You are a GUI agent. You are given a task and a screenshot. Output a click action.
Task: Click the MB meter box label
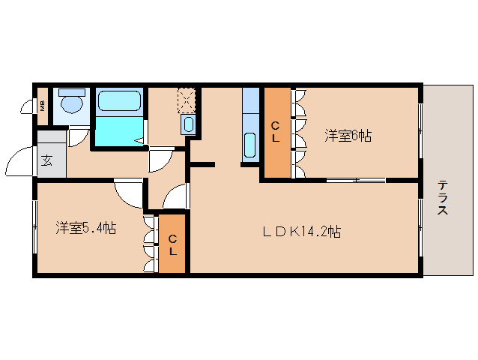[42, 105]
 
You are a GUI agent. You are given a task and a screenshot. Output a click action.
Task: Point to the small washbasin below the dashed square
[189, 124]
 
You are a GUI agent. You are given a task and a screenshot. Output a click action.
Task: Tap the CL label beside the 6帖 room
[275, 132]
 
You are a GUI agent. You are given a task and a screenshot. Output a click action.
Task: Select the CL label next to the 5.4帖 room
[172, 244]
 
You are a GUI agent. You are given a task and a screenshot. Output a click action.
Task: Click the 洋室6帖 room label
[348, 136]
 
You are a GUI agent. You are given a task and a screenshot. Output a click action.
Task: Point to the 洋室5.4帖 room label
[85, 227]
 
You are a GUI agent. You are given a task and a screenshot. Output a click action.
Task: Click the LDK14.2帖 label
[301, 232]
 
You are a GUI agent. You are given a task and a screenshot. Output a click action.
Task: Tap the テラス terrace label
[443, 197]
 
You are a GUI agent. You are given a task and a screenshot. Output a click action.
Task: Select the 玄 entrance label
[46, 160]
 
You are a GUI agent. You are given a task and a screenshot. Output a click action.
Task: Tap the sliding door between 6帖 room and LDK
[356, 180]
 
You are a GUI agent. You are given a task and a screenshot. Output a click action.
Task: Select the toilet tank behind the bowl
[72, 92]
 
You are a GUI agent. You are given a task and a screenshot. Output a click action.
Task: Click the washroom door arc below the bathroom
[160, 159]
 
